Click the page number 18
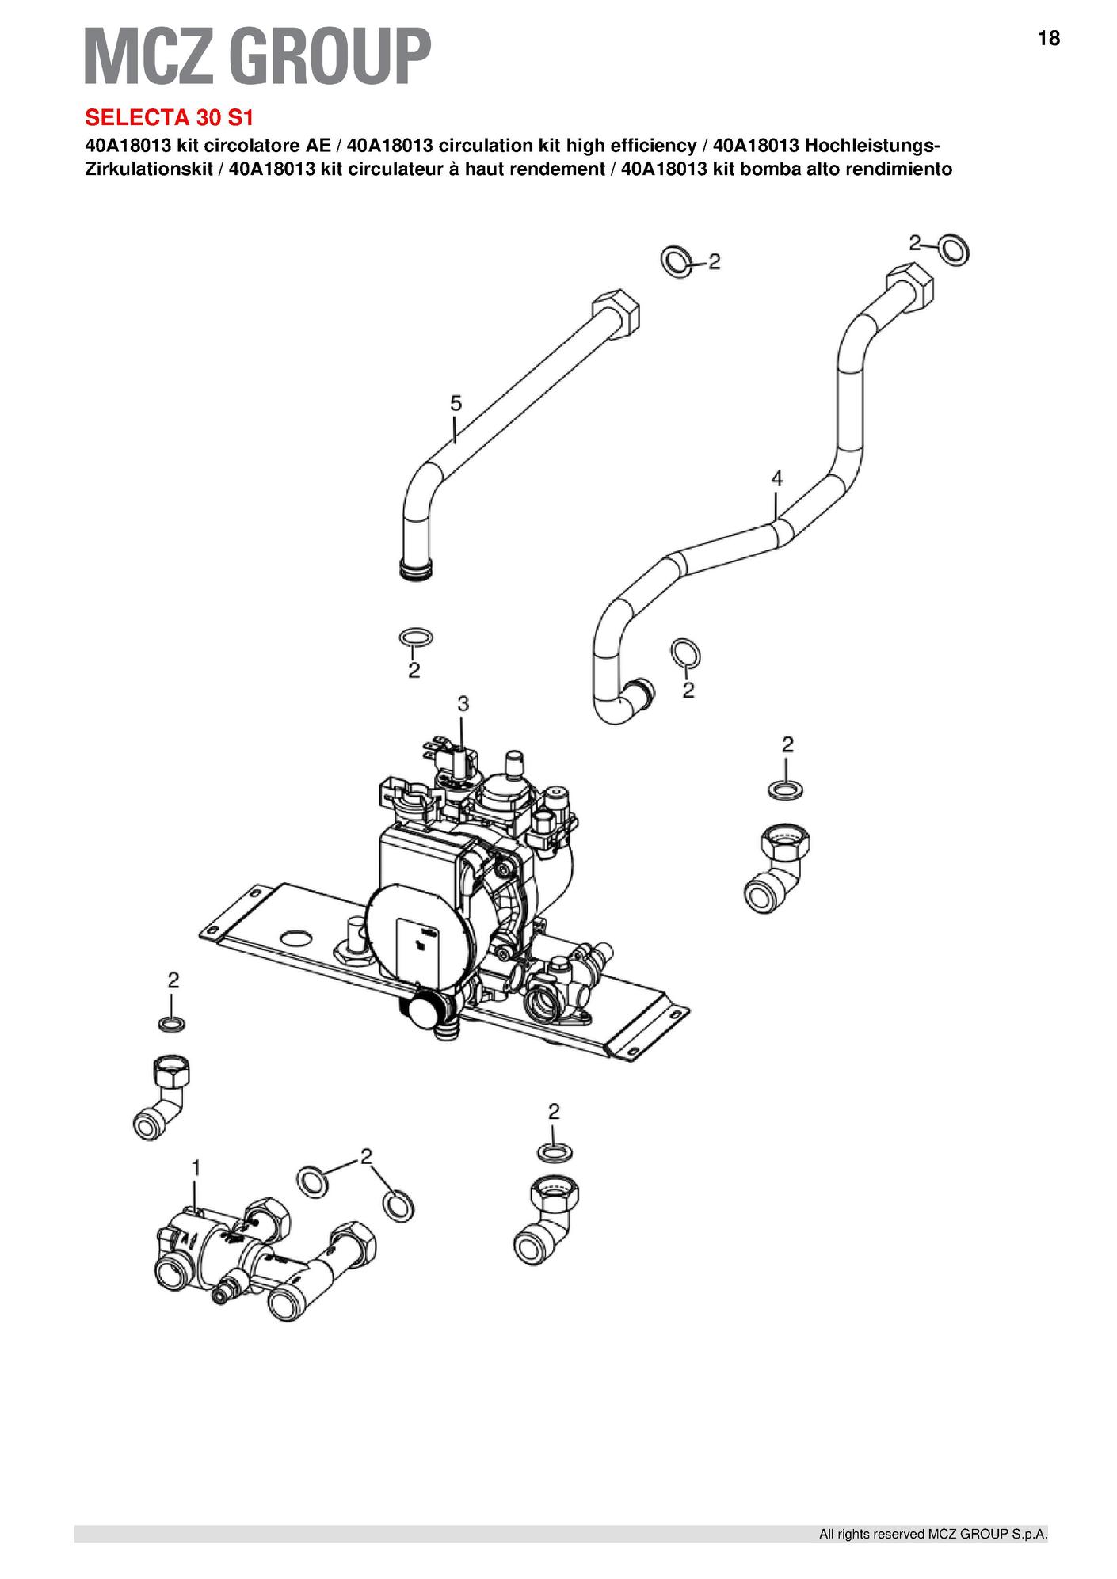1048,38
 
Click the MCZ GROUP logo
258,55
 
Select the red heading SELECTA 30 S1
170,117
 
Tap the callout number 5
456,403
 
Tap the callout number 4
777,478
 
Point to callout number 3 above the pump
463,702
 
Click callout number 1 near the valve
196,1168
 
